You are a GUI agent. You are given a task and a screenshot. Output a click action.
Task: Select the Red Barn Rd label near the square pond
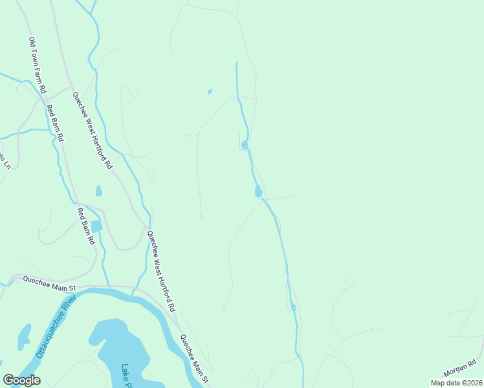86,226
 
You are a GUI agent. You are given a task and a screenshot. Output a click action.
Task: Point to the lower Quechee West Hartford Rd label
162,272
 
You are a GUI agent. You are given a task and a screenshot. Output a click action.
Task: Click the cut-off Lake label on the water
126,376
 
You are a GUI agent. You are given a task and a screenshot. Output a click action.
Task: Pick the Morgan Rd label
460,369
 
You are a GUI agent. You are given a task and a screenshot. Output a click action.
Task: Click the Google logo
21,380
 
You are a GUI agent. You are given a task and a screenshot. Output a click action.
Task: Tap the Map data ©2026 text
456,383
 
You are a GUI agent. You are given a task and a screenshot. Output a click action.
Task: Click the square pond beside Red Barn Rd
97,226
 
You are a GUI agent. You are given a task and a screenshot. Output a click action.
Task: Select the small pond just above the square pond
98,191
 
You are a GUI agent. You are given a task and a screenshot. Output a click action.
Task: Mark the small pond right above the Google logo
24,335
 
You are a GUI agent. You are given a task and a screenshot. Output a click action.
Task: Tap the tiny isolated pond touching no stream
210,92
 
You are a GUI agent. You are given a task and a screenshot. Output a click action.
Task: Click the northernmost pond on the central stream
245,145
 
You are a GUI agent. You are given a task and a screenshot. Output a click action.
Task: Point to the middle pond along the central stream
258,191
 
